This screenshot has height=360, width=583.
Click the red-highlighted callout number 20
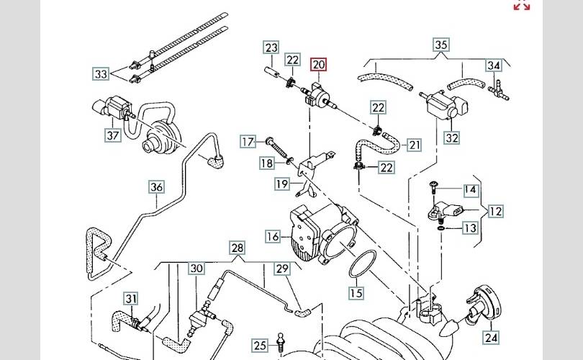tap(319, 65)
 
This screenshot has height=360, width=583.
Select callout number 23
tap(271, 48)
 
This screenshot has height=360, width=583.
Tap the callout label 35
tap(441, 45)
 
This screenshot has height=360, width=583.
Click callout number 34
tap(493, 66)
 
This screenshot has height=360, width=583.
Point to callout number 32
tap(451, 137)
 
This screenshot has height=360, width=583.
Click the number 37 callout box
tap(112, 135)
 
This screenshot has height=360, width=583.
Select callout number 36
tap(157, 187)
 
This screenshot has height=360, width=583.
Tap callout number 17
tap(248, 141)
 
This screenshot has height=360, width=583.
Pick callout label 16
tap(273, 236)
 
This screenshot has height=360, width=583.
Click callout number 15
tap(356, 293)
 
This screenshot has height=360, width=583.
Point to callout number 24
tap(491, 336)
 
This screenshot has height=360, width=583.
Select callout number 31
tap(130, 298)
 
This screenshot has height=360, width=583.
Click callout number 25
tap(260, 344)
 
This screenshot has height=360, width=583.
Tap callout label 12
tap(496, 211)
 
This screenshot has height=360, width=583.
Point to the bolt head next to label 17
tap(269, 140)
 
